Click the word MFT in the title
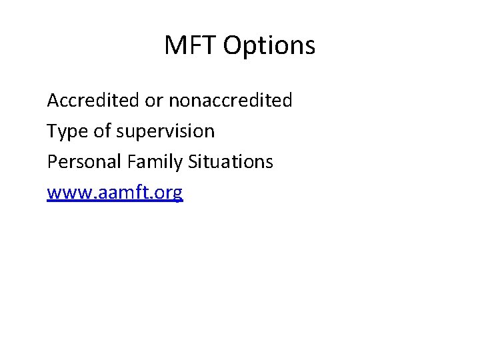click(x=191, y=46)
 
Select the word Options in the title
click(x=269, y=46)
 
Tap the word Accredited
click(x=93, y=101)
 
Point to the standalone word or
click(x=154, y=101)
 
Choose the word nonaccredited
click(x=230, y=101)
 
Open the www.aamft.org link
click(x=115, y=193)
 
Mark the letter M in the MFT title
click(x=175, y=46)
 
